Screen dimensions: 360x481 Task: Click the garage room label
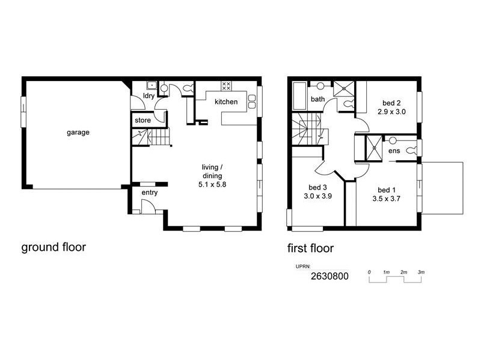(78, 133)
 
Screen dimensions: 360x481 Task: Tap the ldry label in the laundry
(149, 97)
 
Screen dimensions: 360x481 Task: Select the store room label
(142, 121)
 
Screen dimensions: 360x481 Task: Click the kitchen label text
(226, 102)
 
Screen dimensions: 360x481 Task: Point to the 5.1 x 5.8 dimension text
(212, 185)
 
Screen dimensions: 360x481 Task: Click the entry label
(149, 193)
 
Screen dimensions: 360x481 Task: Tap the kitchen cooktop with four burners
(227, 86)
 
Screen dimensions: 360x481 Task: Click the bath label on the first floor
(317, 99)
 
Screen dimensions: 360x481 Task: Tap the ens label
(394, 151)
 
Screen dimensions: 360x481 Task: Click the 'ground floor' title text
(54, 247)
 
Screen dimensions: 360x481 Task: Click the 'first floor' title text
(310, 248)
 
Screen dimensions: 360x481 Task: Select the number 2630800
(329, 277)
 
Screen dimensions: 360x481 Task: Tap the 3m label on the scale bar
(421, 272)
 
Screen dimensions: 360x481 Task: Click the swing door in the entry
(147, 207)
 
